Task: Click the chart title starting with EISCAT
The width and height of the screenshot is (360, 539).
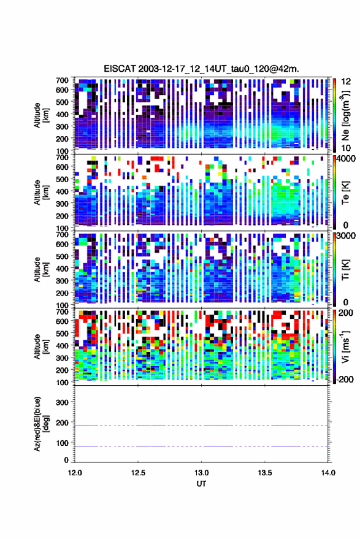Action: click(201, 69)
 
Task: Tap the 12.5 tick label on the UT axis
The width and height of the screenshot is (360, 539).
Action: click(138, 473)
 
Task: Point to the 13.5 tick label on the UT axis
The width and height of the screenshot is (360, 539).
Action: click(265, 473)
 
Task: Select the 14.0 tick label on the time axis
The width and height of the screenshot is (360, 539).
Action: click(328, 473)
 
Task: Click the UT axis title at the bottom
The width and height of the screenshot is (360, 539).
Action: click(201, 484)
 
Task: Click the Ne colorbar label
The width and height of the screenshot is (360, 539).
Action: click(345, 115)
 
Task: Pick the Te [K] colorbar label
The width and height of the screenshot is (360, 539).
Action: click(345, 194)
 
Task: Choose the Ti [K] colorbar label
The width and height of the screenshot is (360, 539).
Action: click(345, 270)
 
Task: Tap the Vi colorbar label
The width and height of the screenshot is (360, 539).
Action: click(345, 346)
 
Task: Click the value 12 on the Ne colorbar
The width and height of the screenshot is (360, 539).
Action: click(346, 82)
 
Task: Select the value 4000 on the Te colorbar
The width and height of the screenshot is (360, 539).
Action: click(345, 159)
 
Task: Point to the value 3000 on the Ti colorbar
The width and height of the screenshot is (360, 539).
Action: click(345, 236)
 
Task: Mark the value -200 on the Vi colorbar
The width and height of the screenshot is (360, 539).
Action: click(345, 380)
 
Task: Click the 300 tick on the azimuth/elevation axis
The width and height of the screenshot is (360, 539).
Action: click(62, 402)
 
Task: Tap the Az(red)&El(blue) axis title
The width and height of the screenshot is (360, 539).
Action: click(40, 424)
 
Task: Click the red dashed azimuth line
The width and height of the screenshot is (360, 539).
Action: click(201, 426)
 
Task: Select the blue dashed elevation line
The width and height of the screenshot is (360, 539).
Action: click(201, 446)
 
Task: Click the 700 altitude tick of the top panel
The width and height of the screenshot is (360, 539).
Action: click(62, 80)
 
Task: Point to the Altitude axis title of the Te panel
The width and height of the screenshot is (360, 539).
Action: click(40, 193)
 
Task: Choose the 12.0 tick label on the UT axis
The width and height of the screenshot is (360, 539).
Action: click(75, 473)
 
